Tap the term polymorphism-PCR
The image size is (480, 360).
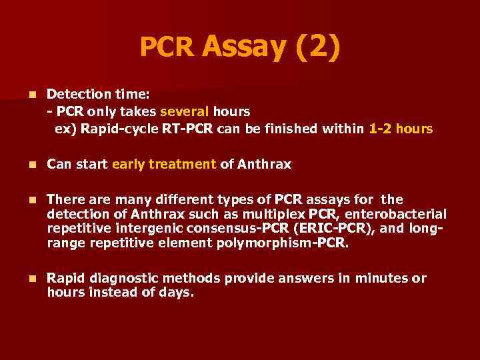(282, 243)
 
